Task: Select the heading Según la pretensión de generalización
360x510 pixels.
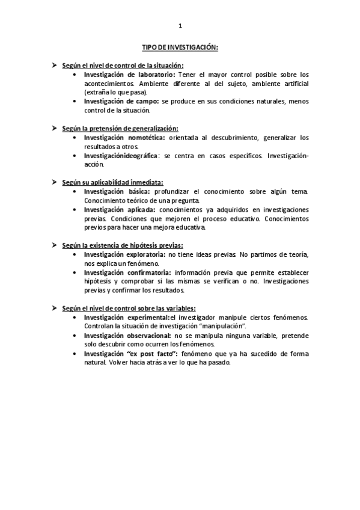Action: click(120, 128)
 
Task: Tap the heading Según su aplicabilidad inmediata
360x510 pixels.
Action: click(112, 182)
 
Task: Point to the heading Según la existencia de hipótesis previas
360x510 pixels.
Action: click(123, 245)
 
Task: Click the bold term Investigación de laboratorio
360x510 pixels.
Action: click(129, 74)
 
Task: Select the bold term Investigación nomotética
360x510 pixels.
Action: click(124, 137)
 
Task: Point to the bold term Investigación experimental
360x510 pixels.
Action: click(126, 317)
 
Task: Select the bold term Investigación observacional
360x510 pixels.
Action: click(127, 335)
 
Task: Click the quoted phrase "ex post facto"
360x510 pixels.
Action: click(145, 354)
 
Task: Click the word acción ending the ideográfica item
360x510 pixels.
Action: click(93, 164)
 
